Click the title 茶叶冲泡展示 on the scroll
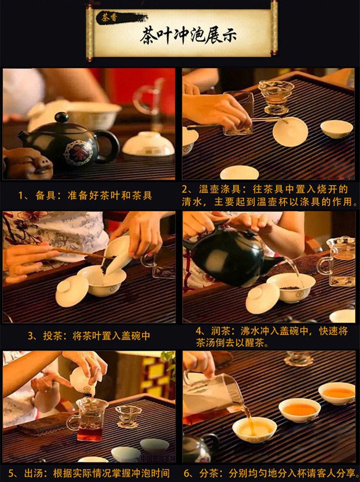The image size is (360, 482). point(188,35)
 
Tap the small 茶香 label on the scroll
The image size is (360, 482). point(109,17)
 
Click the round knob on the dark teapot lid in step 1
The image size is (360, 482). point(62,117)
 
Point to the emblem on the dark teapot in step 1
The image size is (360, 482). point(78,152)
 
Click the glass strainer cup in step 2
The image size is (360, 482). point(276,97)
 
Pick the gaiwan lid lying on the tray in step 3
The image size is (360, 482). point(72,291)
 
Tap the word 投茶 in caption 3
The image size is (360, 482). point(53,336)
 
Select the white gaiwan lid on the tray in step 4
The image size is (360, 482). point(262,298)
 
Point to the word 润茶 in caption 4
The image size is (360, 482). point(221,331)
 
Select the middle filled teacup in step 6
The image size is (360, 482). point(299,410)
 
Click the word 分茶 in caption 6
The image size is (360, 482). point(209,473)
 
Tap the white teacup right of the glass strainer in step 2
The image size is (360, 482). point(337,129)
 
